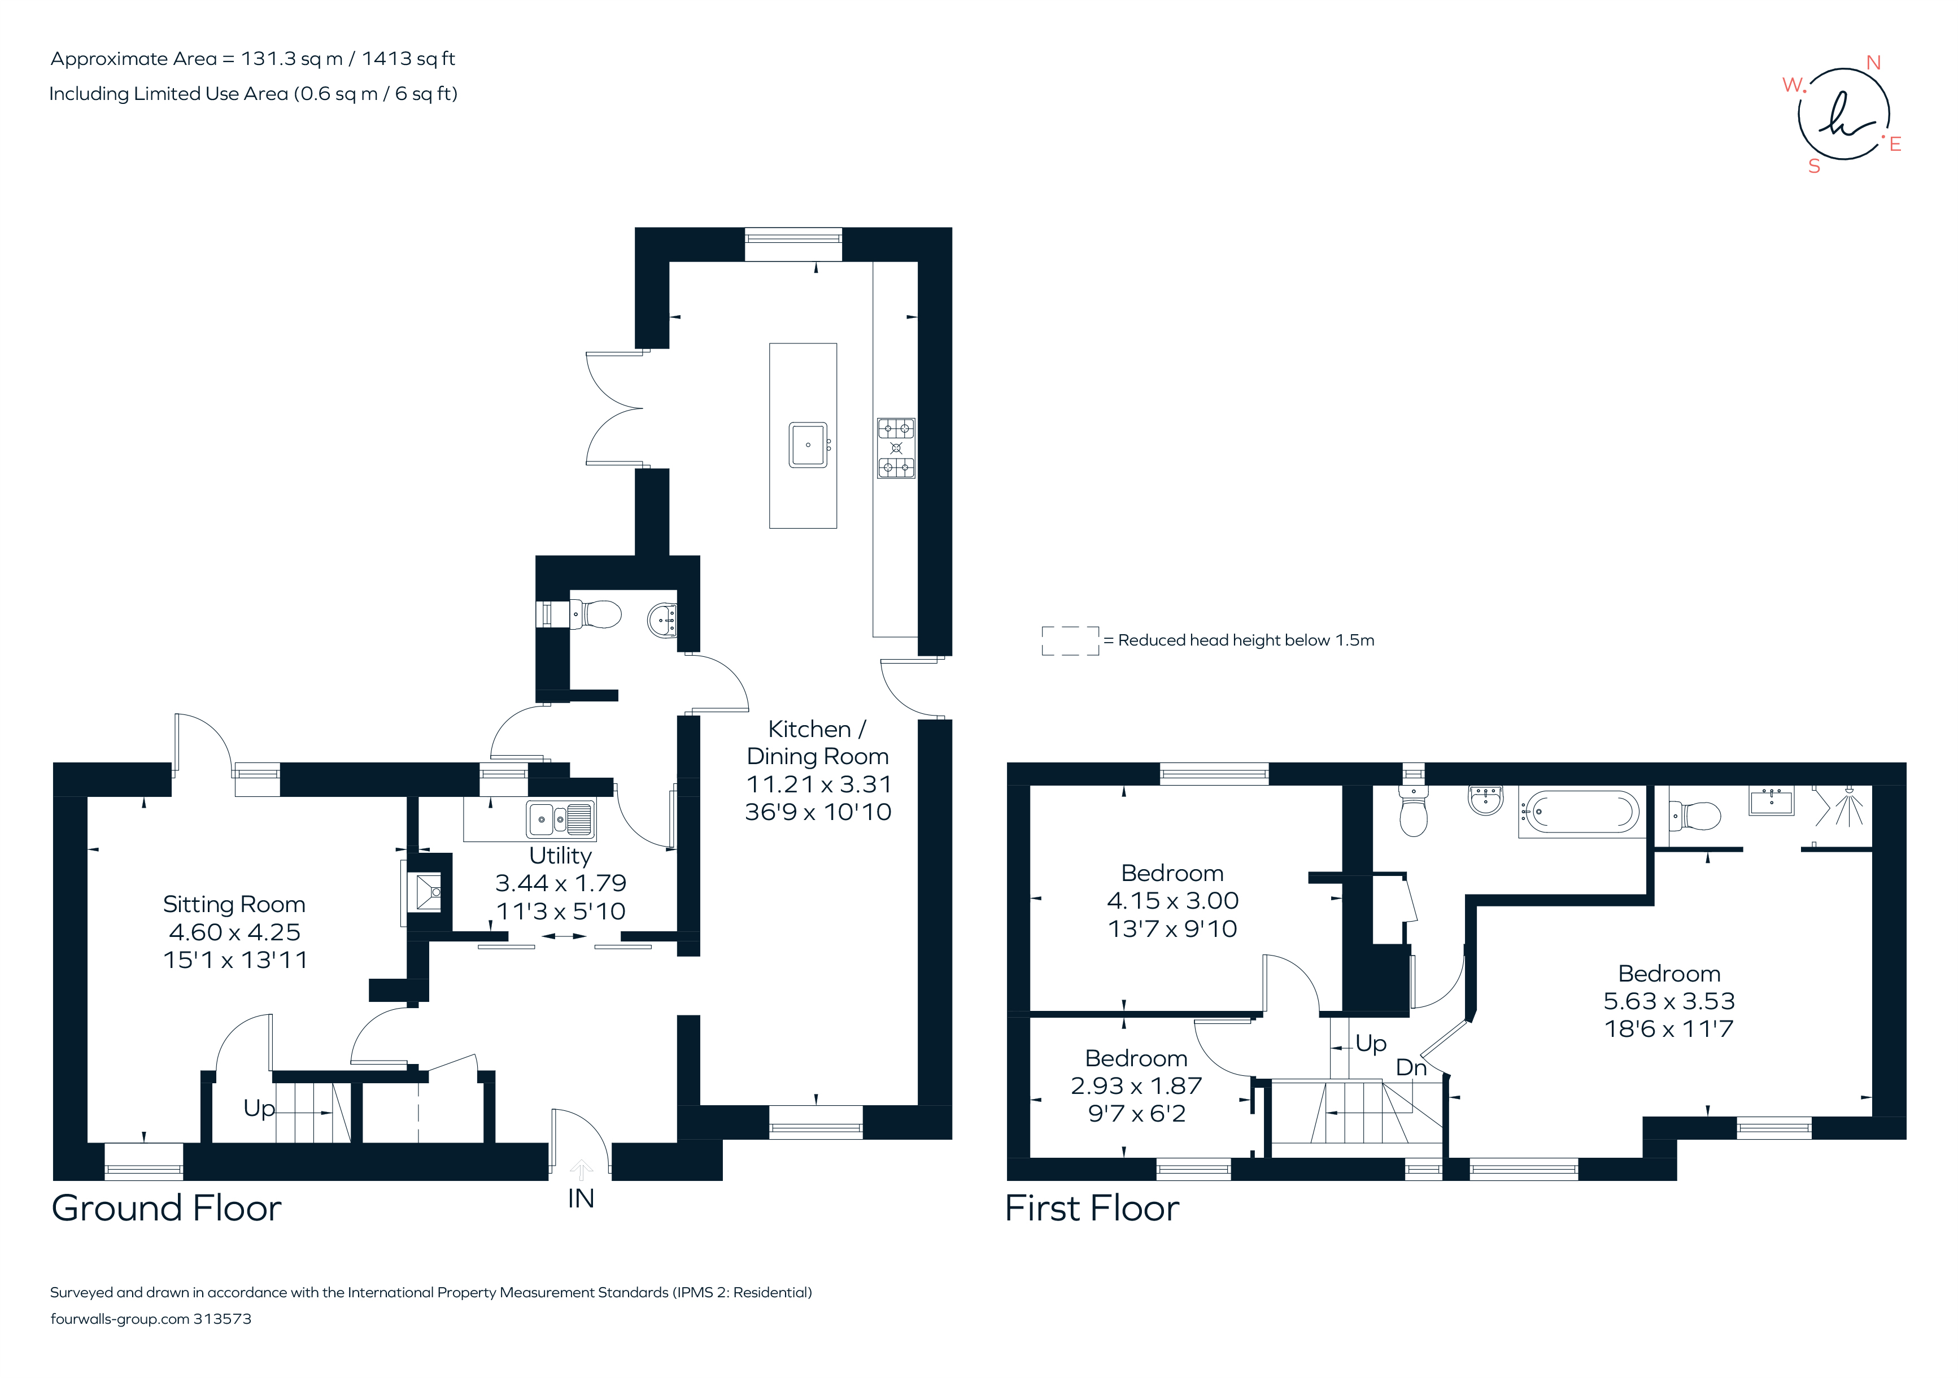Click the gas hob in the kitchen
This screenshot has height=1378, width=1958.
pos(896,448)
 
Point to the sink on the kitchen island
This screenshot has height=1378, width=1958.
pos(808,445)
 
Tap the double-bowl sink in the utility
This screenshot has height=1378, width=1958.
pos(560,821)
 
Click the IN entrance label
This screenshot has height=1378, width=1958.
pos(581,1199)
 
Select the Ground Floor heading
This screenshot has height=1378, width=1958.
pos(166,1209)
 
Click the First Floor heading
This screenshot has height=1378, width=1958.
pos(1092,1209)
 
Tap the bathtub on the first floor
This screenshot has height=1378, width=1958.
pos(1582,812)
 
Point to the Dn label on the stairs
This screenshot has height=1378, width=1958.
pos(1411,1067)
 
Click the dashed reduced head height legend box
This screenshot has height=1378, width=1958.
pos(1070,640)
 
